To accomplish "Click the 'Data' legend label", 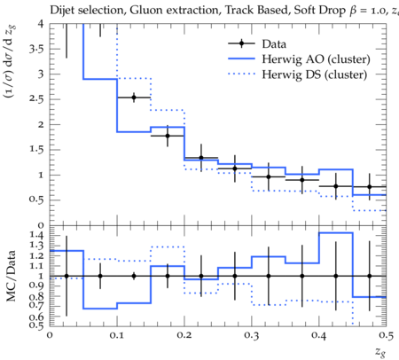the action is pyautogui.click(x=274, y=43).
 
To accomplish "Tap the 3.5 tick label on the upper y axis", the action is pyautogui.click(x=36, y=49).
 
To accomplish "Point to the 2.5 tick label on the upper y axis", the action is pyautogui.click(x=36, y=99).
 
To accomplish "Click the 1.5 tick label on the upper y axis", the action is pyautogui.click(x=36, y=149).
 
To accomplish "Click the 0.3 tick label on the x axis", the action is pyautogui.click(x=252, y=335).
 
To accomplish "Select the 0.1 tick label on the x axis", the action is pyautogui.click(x=117, y=335).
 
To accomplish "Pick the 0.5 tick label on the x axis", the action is pyautogui.click(x=386, y=335).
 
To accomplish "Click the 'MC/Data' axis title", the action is pyautogui.click(x=12, y=276).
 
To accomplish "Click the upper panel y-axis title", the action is pyautogui.click(x=12, y=61).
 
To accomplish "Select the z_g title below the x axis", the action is pyautogui.click(x=380, y=352).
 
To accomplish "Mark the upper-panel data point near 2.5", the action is pyautogui.click(x=134, y=98).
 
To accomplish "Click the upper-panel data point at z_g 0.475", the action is pyautogui.click(x=369, y=186).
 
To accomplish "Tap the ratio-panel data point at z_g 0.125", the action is pyautogui.click(x=134, y=276).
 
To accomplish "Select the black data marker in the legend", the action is pyautogui.click(x=241, y=43).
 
